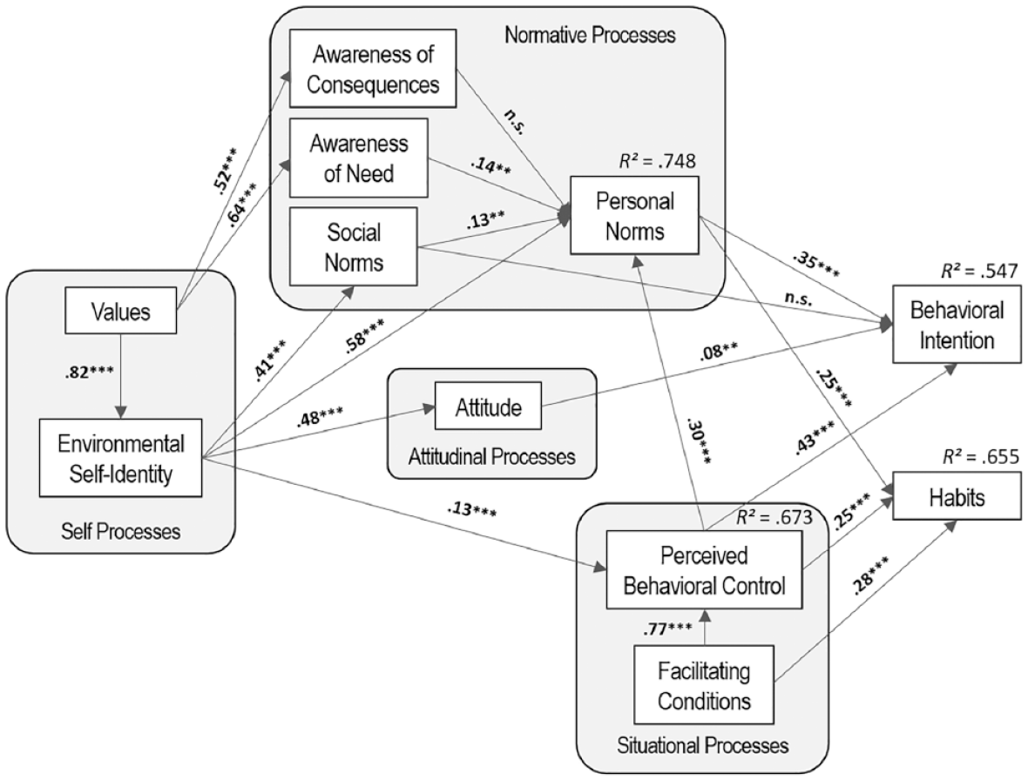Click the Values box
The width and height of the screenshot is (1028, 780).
(x=120, y=311)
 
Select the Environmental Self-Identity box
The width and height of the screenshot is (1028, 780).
(x=120, y=459)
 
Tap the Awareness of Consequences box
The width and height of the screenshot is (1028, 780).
(x=372, y=69)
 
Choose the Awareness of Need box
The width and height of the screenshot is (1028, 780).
(x=359, y=158)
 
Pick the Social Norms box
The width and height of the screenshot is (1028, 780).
(x=354, y=247)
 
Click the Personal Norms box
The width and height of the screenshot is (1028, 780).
(x=634, y=216)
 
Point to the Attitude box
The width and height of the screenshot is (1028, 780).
(x=489, y=406)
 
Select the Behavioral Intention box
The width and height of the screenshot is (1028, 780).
(x=957, y=324)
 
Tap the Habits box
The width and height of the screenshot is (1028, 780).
(x=957, y=497)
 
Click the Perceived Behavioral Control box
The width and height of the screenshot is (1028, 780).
(x=704, y=570)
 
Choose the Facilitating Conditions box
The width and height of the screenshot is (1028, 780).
(x=703, y=685)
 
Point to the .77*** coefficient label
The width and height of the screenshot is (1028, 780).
(x=666, y=629)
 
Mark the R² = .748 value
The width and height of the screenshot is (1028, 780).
(x=658, y=160)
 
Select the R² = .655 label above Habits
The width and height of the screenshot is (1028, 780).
(x=981, y=456)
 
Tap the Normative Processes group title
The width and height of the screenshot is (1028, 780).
(x=590, y=35)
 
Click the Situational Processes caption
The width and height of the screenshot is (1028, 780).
(x=703, y=745)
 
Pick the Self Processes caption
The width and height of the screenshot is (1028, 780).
(x=120, y=530)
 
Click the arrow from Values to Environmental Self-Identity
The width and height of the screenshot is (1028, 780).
(x=120, y=377)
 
